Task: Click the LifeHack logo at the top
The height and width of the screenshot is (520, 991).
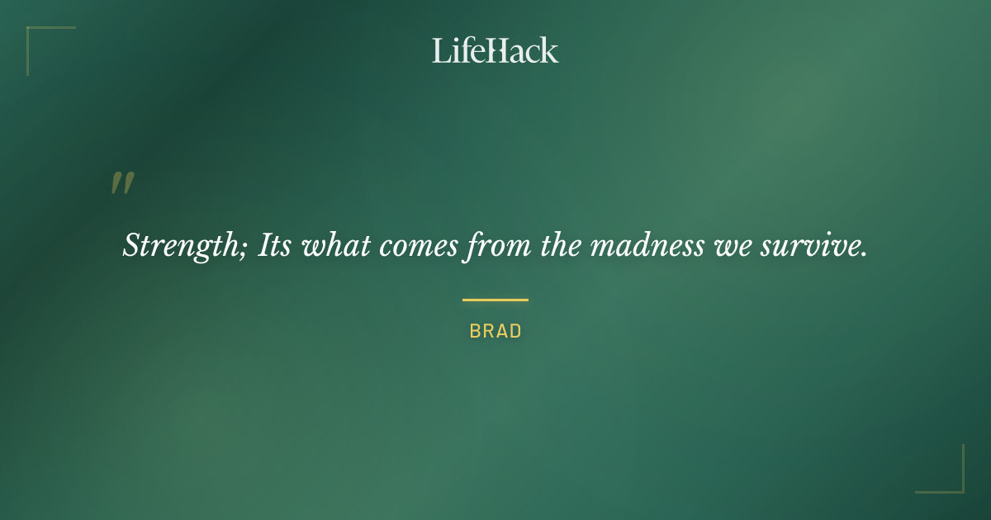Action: click(495, 50)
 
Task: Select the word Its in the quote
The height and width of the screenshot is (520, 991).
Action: click(275, 245)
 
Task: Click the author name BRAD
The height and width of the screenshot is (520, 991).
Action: click(495, 332)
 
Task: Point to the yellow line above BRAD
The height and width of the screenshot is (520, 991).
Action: click(495, 300)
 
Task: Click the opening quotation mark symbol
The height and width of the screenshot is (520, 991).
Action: click(121, 183)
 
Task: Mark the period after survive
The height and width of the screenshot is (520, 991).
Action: click(864, 255)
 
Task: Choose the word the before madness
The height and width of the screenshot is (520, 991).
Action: click(561, 245)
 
